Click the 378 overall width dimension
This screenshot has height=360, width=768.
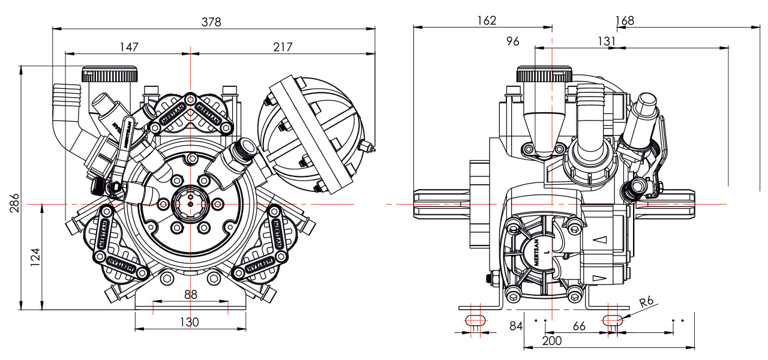click(x=211, y=22)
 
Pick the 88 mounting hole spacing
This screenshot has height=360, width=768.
click(x=190, y=295)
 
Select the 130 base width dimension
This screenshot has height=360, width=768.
click(x=190, y=322)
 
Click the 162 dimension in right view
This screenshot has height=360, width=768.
click(x=487, y=20)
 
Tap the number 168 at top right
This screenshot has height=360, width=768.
click(x=625, y=20)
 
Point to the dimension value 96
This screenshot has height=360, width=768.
click(x=512, y=41)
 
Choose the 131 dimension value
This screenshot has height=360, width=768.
click(x=607, y=41)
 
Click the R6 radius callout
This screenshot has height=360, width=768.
click(x=646, y=302)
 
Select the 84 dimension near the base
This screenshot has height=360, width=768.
click(x=516, y=326)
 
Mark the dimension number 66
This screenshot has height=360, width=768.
click(x=579, y=326)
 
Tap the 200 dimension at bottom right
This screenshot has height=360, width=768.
click(x=551, y=341)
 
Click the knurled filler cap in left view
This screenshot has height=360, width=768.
click(x=110, y=74)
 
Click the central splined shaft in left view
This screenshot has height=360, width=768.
click(x=190, y=204)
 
